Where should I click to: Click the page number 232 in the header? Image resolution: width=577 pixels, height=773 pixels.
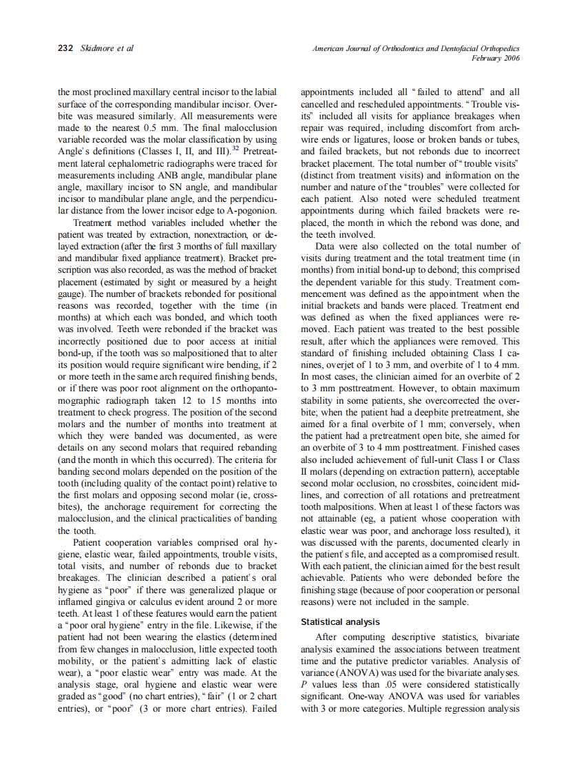click(66, 48)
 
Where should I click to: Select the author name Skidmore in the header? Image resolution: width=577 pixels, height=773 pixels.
click(99, 48)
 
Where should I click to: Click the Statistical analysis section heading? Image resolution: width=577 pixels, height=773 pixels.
click(340, 622)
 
